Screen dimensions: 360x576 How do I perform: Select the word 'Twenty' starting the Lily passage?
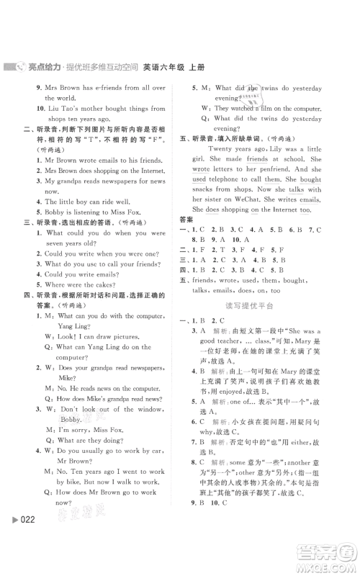coord(222,147)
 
